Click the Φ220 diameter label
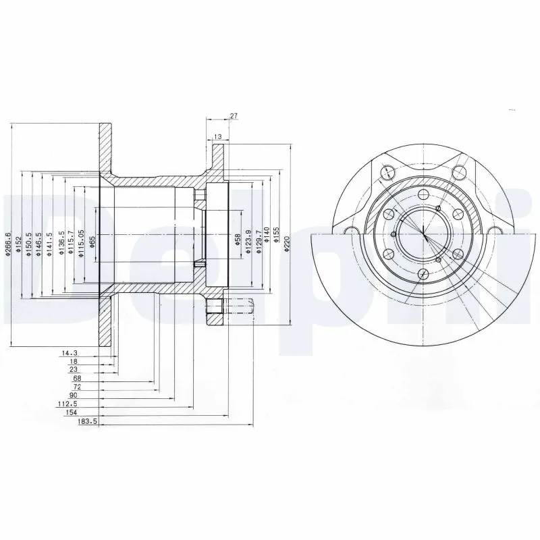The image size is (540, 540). coord(286,245)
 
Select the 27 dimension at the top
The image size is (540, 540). coord(234,116)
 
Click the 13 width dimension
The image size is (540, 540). coord(217,137)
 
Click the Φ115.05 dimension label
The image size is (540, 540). coord(81,241)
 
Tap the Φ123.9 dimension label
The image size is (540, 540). coord(248,241)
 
